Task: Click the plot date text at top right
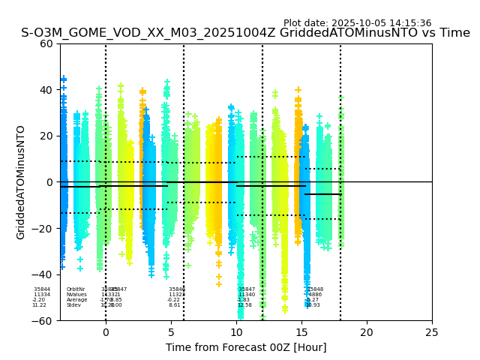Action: click(357, 23)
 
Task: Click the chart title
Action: click(245, 33)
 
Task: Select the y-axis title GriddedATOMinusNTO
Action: click(21, 182)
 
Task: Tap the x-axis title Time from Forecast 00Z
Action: click(246, 347)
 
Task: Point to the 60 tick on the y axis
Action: click(46, 43)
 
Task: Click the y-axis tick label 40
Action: click(46, 90)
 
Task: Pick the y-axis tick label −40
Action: click(43, 274)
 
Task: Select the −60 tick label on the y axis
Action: click(43, 321)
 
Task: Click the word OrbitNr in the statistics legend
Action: click(76, 289)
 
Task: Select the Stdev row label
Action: click(73, 305)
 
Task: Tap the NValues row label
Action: click(76, 295)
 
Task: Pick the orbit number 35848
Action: click(315, 289)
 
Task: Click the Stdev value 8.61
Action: click(175, 305)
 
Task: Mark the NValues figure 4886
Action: click(315, 295)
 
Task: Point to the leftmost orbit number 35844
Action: click(42, 289)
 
